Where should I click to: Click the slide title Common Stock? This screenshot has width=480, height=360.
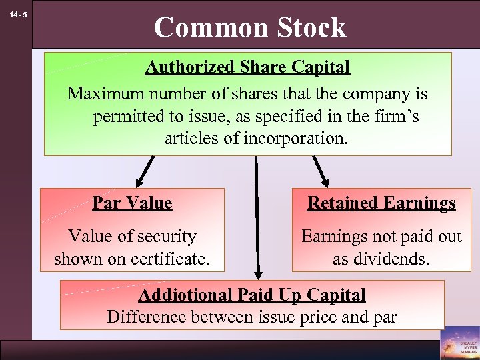249,27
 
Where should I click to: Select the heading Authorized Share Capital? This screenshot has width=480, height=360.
247,67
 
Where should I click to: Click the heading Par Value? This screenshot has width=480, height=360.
132,203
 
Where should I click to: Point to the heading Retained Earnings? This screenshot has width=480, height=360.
381,203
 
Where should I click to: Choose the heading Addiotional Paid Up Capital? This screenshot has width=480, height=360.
252,295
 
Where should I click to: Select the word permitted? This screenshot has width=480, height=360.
130,117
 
